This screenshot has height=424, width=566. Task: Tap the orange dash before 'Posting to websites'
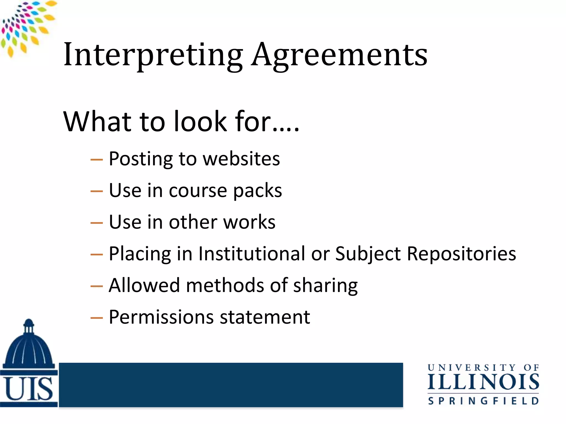point(96,160)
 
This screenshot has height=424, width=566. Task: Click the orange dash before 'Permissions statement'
point(96,318)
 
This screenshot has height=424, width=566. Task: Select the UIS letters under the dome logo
point(29,389)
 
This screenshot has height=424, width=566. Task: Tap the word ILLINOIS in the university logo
point(483,382)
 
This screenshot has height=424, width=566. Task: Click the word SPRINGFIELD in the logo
point(483,401)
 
